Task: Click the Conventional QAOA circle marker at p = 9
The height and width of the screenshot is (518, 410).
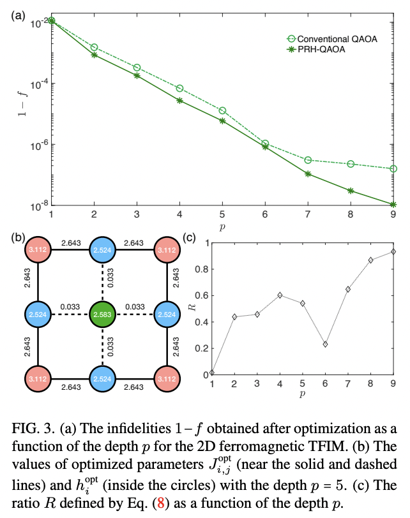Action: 393,168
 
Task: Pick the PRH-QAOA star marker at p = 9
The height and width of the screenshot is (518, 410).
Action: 393,205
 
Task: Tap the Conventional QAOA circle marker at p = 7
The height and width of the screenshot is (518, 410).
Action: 308,160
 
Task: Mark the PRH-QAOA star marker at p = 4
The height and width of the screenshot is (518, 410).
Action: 180,100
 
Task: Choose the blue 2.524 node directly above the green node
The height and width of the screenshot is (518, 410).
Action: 103,250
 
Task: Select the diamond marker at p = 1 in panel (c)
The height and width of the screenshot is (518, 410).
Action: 213,373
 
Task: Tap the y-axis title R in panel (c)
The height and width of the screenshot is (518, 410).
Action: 190,309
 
